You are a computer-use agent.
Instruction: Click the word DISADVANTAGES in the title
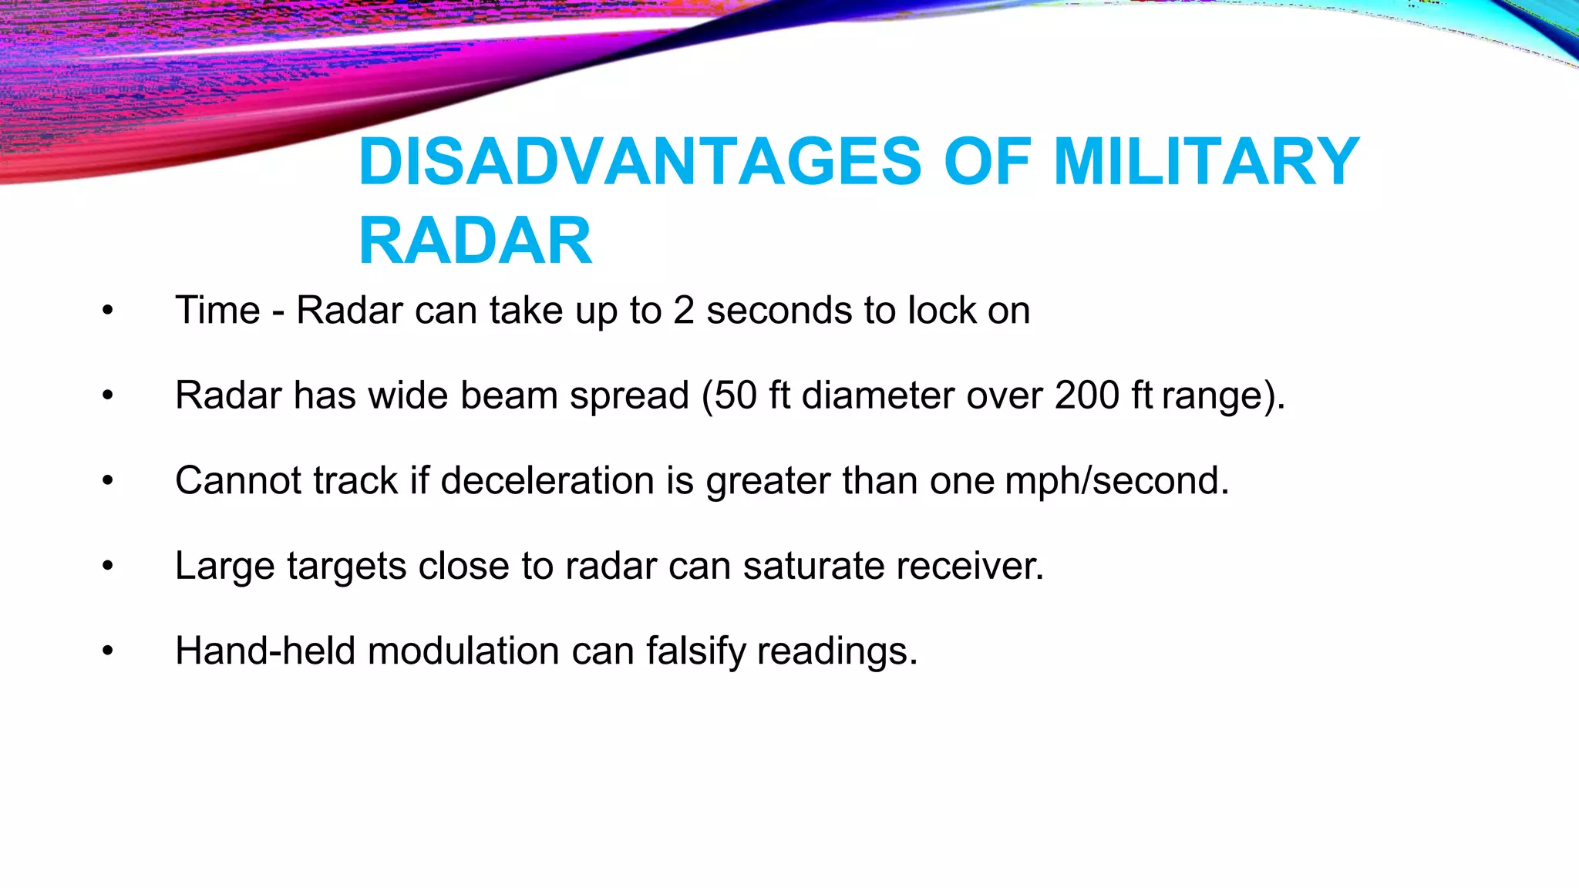[x=640, y=162]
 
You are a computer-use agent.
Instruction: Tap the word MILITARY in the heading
[x=1206, y=162]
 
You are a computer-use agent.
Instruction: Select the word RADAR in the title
[x=475, y=241]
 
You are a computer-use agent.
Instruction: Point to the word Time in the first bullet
[x=217, y=311]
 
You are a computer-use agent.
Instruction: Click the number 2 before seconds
[x=684, y=311]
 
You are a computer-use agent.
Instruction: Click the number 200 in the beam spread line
[x=1087, y=395]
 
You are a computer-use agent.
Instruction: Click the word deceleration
[x=547, y=481]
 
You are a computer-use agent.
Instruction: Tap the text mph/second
[x=1117, y=481]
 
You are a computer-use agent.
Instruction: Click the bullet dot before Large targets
[x=108, y=567]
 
